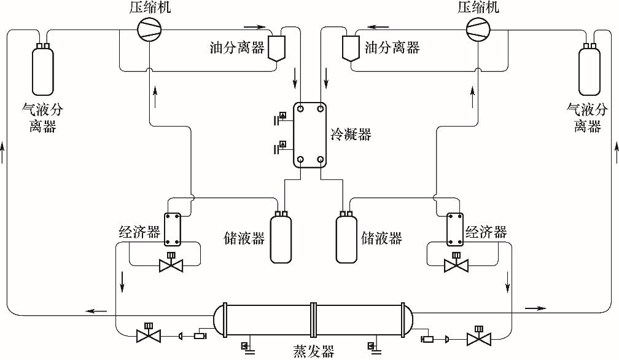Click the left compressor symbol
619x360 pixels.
tap(149, 29)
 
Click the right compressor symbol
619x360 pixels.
tap(478, 29)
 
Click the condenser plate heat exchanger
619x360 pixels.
tap(310, 134)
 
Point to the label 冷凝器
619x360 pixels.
tap(351, 134)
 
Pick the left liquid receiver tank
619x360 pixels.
tap(281, 238)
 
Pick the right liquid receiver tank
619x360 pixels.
tap(346, 238)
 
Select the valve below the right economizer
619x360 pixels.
tap(456, 265)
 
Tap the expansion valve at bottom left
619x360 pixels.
tap(148, 335)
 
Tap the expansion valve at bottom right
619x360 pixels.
tap(478, 338)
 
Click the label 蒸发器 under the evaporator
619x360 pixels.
tap(313, 352)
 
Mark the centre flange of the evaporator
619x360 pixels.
tap(313, 319)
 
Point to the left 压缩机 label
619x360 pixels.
tap(150, 7)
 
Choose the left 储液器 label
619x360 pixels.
tap(244, 237)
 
